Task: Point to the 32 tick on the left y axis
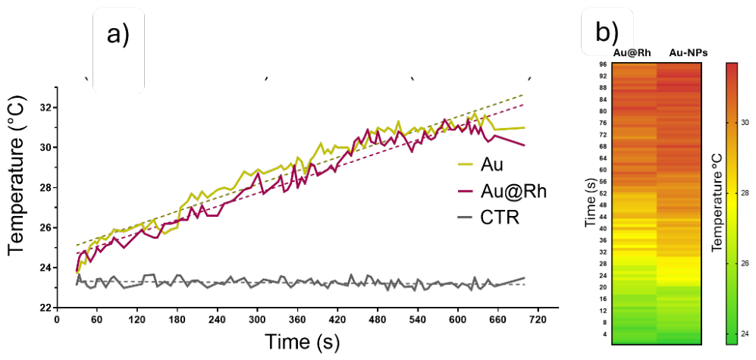click(43, 108)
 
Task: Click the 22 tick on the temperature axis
click(43, 308)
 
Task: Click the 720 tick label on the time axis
click(538, 320)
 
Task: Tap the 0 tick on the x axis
click(57, 320)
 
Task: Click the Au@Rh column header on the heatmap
click(633, 53)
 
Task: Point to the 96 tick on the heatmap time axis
click(604, 64)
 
